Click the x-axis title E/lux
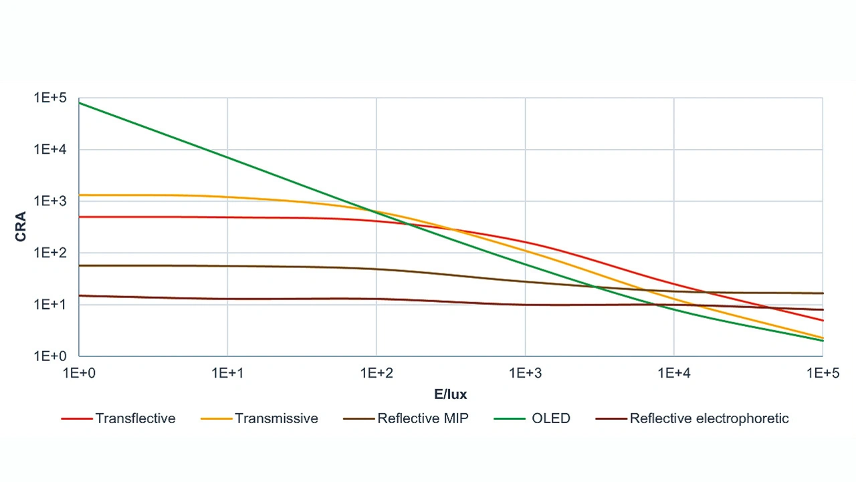coord(450,394)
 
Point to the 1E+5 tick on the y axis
coord(51,98)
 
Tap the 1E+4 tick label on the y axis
coord(51,150)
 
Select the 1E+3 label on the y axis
coord(51,201)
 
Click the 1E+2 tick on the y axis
coord(51,253)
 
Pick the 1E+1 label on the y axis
coord(51,304)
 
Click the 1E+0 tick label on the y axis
coord(51,356)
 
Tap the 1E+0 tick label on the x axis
coord(79,374)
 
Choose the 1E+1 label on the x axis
coord(227,374)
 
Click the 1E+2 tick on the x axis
coord(376,374)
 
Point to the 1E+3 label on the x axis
coord(525,374)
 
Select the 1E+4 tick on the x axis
coord(673,374)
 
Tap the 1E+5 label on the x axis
coord(821,374)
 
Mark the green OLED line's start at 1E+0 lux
coord(79,103)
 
